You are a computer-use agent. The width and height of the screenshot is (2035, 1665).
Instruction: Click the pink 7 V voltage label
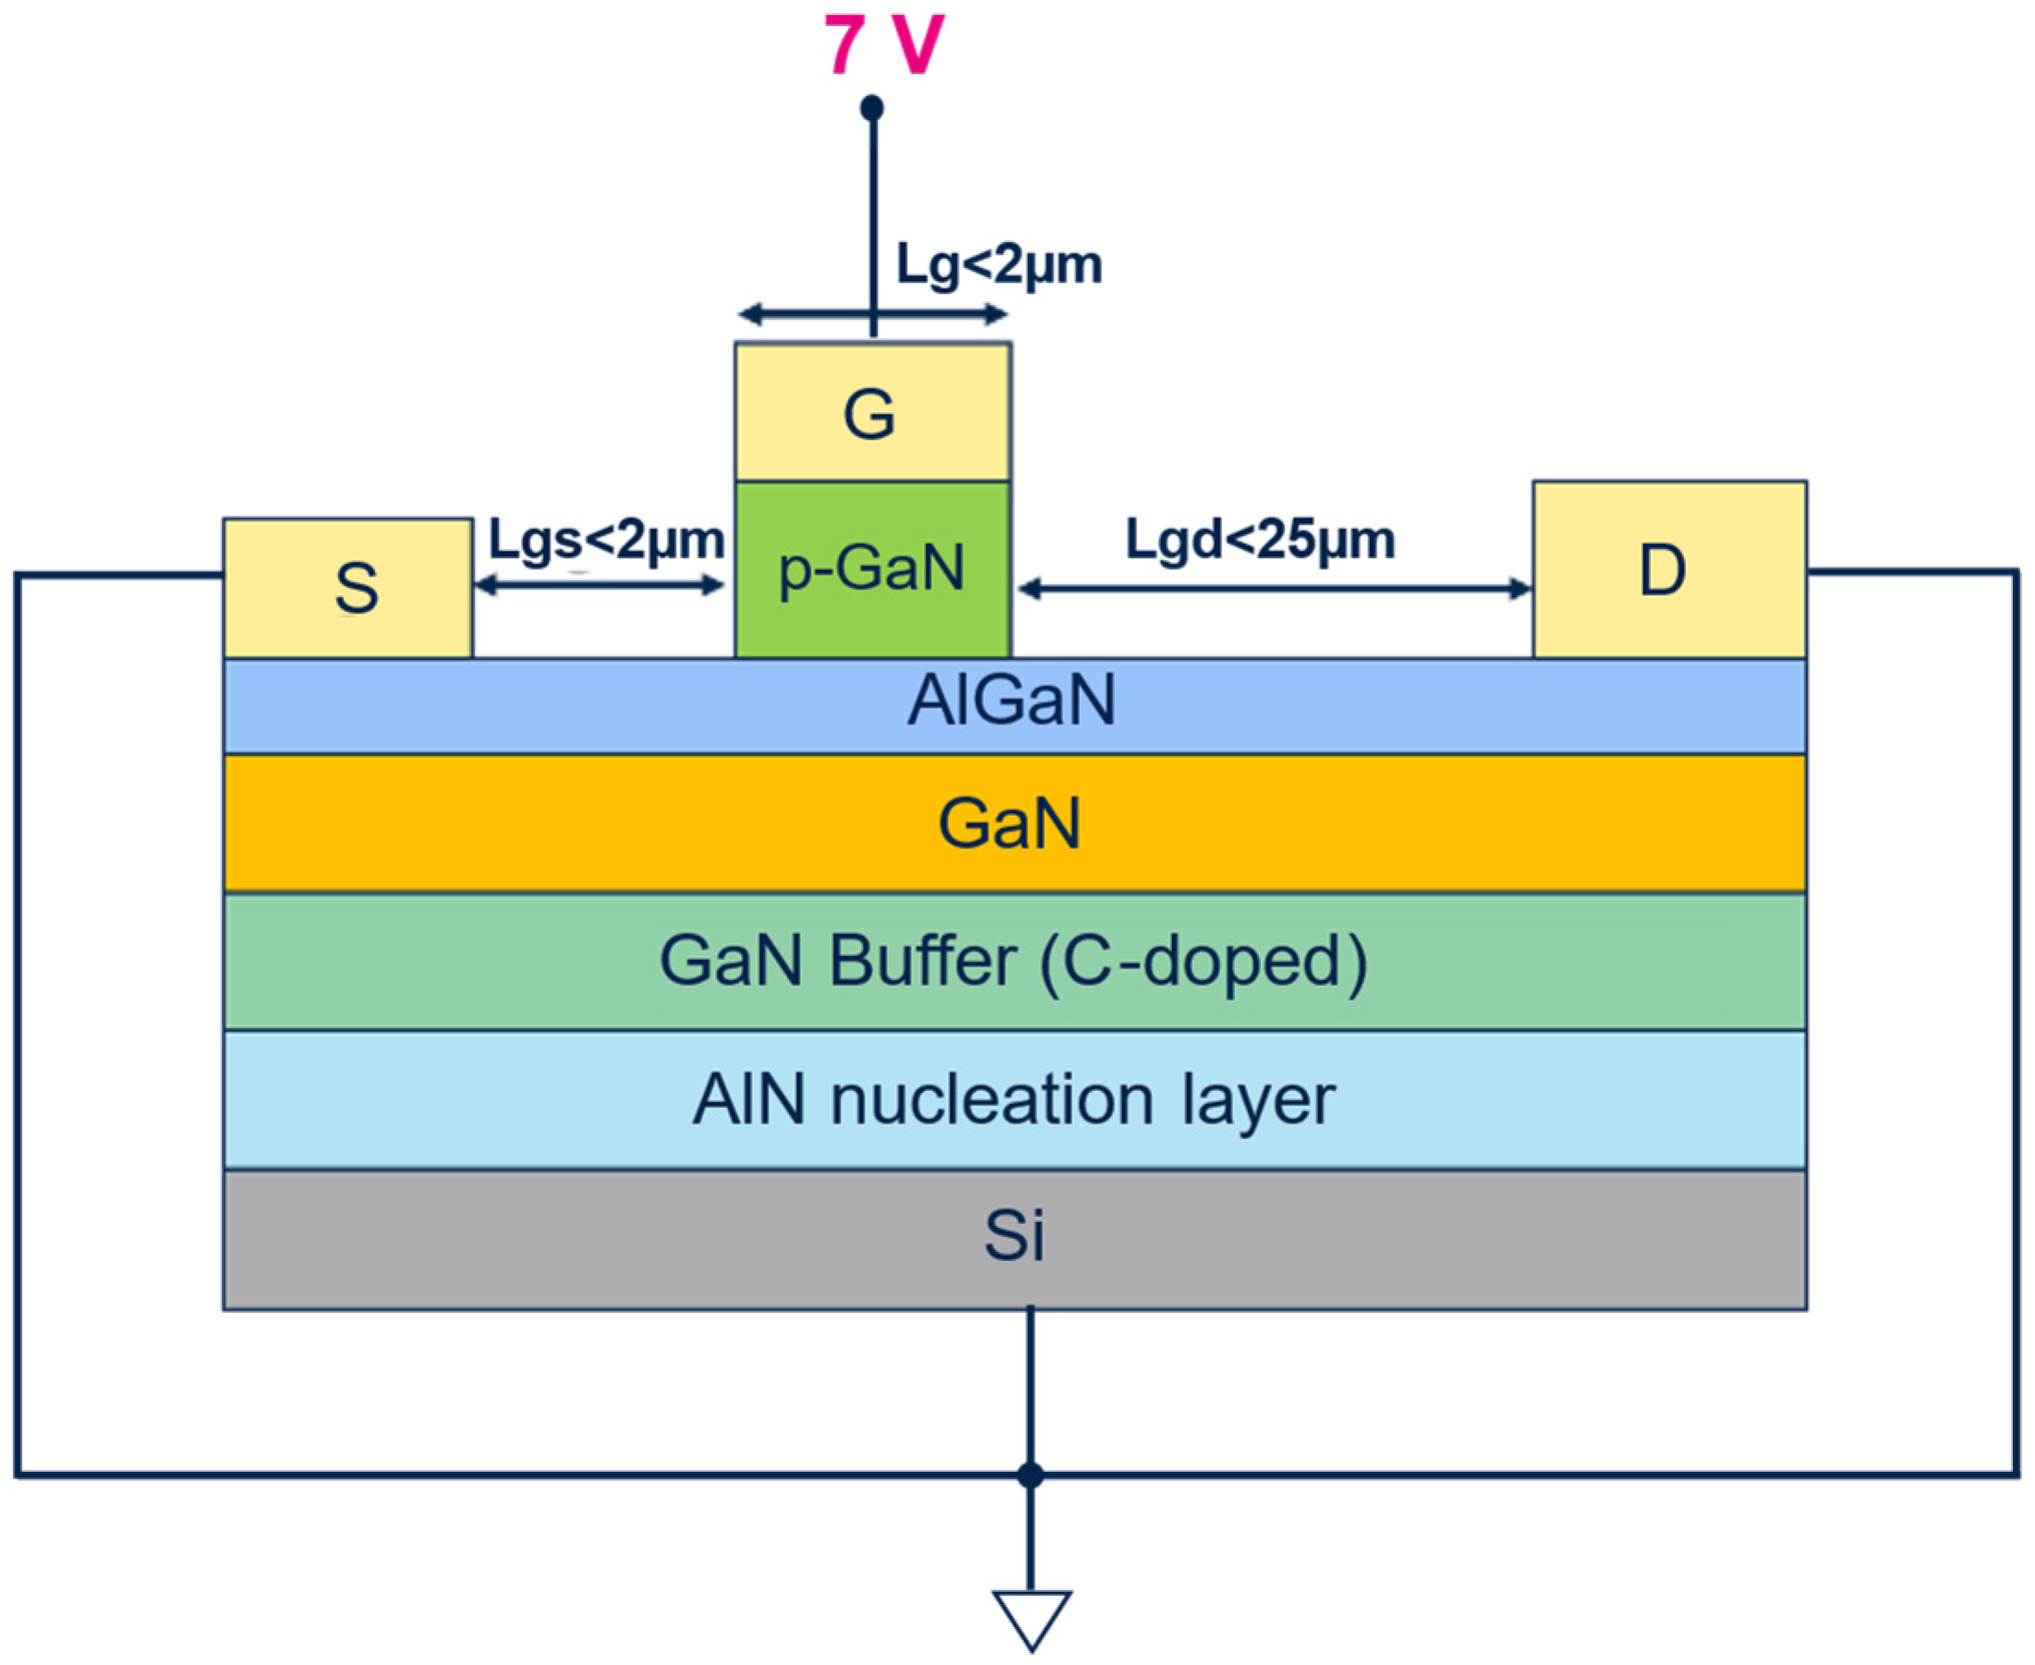coord(883,44)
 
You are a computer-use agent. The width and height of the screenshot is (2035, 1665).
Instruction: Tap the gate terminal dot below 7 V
coord(872,107)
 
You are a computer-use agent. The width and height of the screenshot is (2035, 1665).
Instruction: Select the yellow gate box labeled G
coord(873,411)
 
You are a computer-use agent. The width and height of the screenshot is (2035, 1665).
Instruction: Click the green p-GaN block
coord(873,569)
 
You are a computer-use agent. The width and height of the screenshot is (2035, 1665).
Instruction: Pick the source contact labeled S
coord(348,588)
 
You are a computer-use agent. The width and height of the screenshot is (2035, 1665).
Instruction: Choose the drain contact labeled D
coord(1669,569)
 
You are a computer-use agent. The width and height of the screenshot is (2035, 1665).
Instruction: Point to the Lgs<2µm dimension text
coord(606,540)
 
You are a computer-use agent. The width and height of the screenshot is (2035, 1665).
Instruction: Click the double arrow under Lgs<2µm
coord(600,585)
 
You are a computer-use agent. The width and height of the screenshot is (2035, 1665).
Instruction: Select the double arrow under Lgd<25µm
coord(1275,589)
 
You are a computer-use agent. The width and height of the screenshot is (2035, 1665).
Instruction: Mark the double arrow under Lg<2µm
coord(873,313)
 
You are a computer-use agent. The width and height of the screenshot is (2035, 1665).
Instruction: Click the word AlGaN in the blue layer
coord(1011,701)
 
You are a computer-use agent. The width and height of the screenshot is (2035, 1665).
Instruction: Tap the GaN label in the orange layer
coord(1010,824)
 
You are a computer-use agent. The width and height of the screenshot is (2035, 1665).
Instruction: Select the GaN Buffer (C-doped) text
coord(1012,962)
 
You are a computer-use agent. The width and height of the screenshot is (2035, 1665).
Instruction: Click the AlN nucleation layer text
coord(1013,1100)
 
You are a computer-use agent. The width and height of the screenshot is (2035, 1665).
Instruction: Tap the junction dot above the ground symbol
coord(1030,1475)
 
